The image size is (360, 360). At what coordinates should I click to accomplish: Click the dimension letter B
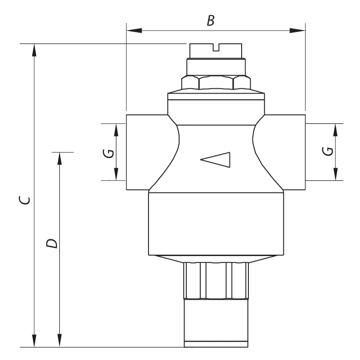coord(211,20)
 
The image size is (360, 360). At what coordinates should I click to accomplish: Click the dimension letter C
coord(24,200)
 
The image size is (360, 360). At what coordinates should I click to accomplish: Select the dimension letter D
coord(52,243)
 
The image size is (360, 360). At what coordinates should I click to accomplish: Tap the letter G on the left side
coord(108,153)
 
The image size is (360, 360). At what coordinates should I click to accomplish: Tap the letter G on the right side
coord(328,151)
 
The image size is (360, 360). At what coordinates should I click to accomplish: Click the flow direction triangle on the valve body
coord(216,160)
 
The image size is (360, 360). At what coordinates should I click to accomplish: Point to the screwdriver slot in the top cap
coord(216,47)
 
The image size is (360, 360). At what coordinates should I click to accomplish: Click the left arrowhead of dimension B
coord(134,30)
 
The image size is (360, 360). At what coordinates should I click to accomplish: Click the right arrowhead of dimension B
coord(297,30)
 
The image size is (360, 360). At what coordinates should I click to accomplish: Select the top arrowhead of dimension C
coord(34,50)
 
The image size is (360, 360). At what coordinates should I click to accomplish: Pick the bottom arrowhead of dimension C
coord(34,341)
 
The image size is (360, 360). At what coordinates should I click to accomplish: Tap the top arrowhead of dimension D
coord(60,158)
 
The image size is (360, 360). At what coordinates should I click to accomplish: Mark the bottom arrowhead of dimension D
coord(60,341)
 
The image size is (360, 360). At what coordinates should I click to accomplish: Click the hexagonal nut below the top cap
coord(216,82)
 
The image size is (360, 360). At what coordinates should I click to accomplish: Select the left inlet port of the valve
coord(147,152)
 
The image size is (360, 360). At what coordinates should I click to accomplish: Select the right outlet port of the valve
coord(285,152)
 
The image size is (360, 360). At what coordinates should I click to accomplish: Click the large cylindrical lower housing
coord(216,224)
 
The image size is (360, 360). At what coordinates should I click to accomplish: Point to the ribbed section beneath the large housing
coord(216,280)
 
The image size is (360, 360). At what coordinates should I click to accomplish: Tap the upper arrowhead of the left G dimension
coord(116,130)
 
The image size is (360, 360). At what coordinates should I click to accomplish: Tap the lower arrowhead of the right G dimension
coord(336,174)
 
